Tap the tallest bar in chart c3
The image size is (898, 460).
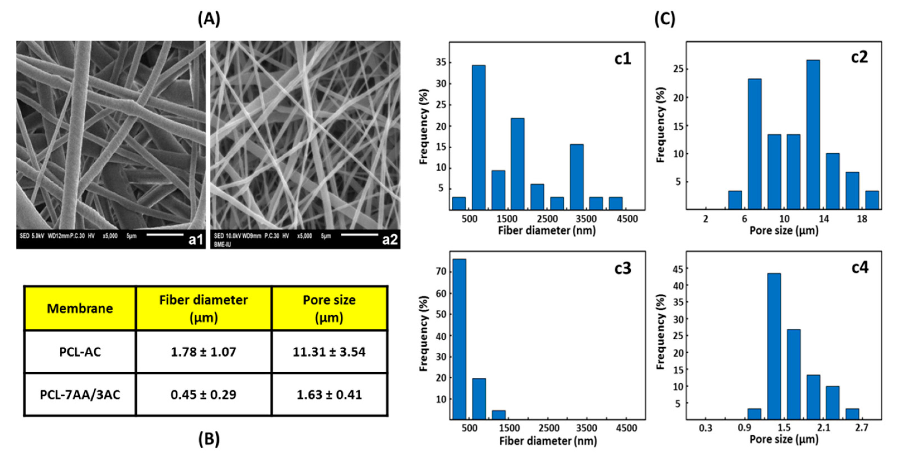tap(459, 339)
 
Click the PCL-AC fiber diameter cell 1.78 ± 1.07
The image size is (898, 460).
tap(203, 352)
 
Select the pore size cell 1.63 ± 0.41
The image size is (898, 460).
tap(329, 395)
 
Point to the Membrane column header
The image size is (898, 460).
tap(80, 308)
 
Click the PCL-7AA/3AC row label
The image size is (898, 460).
tap(80, 395)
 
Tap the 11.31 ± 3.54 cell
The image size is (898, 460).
tap(329, 352)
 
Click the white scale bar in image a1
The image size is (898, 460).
tap(165, 234)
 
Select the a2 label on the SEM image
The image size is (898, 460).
tap(390, 240)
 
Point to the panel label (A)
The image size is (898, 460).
tap(209, 19)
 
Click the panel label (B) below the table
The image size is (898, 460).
tap(209, 439)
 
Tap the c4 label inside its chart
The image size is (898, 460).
tap(860, 268)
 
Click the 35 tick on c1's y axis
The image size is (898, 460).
tap(440, 63)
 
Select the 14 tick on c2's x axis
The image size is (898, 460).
tap(824, 219)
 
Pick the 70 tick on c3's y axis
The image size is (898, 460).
tap(440, 272)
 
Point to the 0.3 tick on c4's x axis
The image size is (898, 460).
tap(706, 428)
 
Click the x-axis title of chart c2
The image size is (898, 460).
tap(784, 231)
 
